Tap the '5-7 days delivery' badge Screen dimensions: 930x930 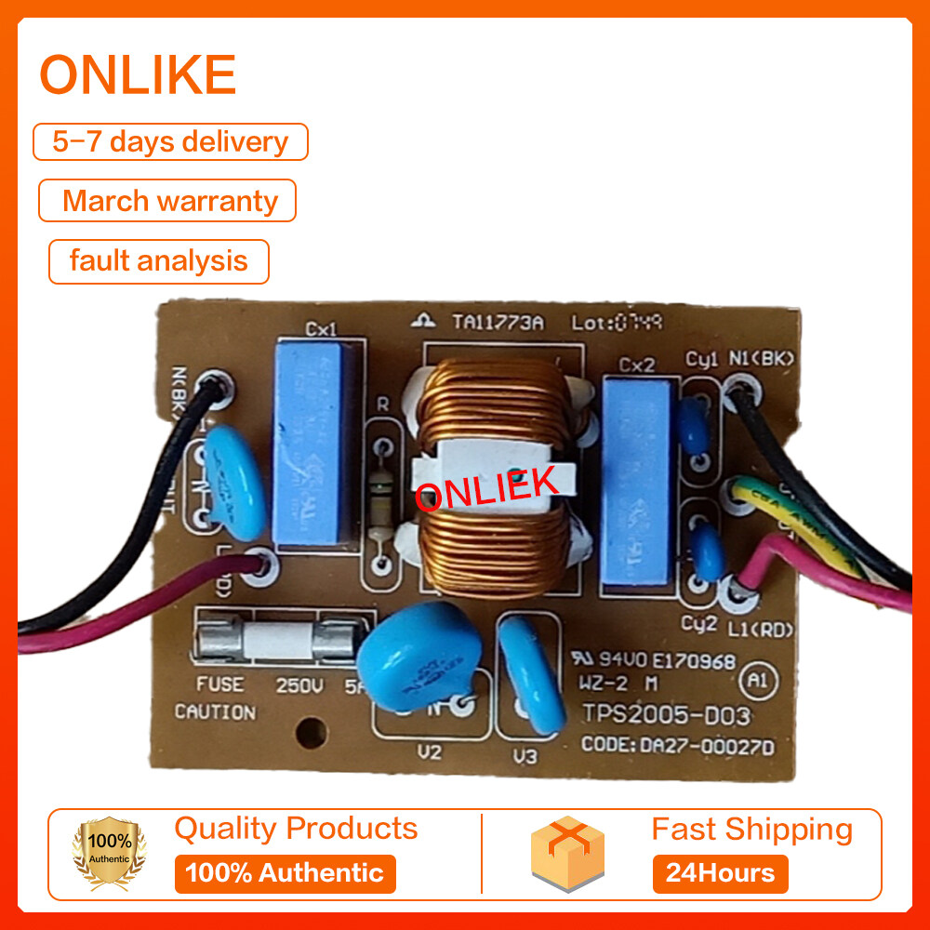click(x=170, y=142)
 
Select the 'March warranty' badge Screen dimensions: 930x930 click(x=168, y=201)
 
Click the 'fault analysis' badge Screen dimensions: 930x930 click(x=159, y=260)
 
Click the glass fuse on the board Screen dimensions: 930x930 click(x=269, y=641)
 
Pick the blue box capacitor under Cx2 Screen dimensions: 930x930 click(x=636, y=479)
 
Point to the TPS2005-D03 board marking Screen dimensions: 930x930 click(x=665, y=715)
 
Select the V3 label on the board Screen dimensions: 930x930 click(x=525, y=756)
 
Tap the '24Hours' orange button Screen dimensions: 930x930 click(x=720, y=873)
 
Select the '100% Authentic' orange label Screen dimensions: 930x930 click(x=285, y=873)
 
